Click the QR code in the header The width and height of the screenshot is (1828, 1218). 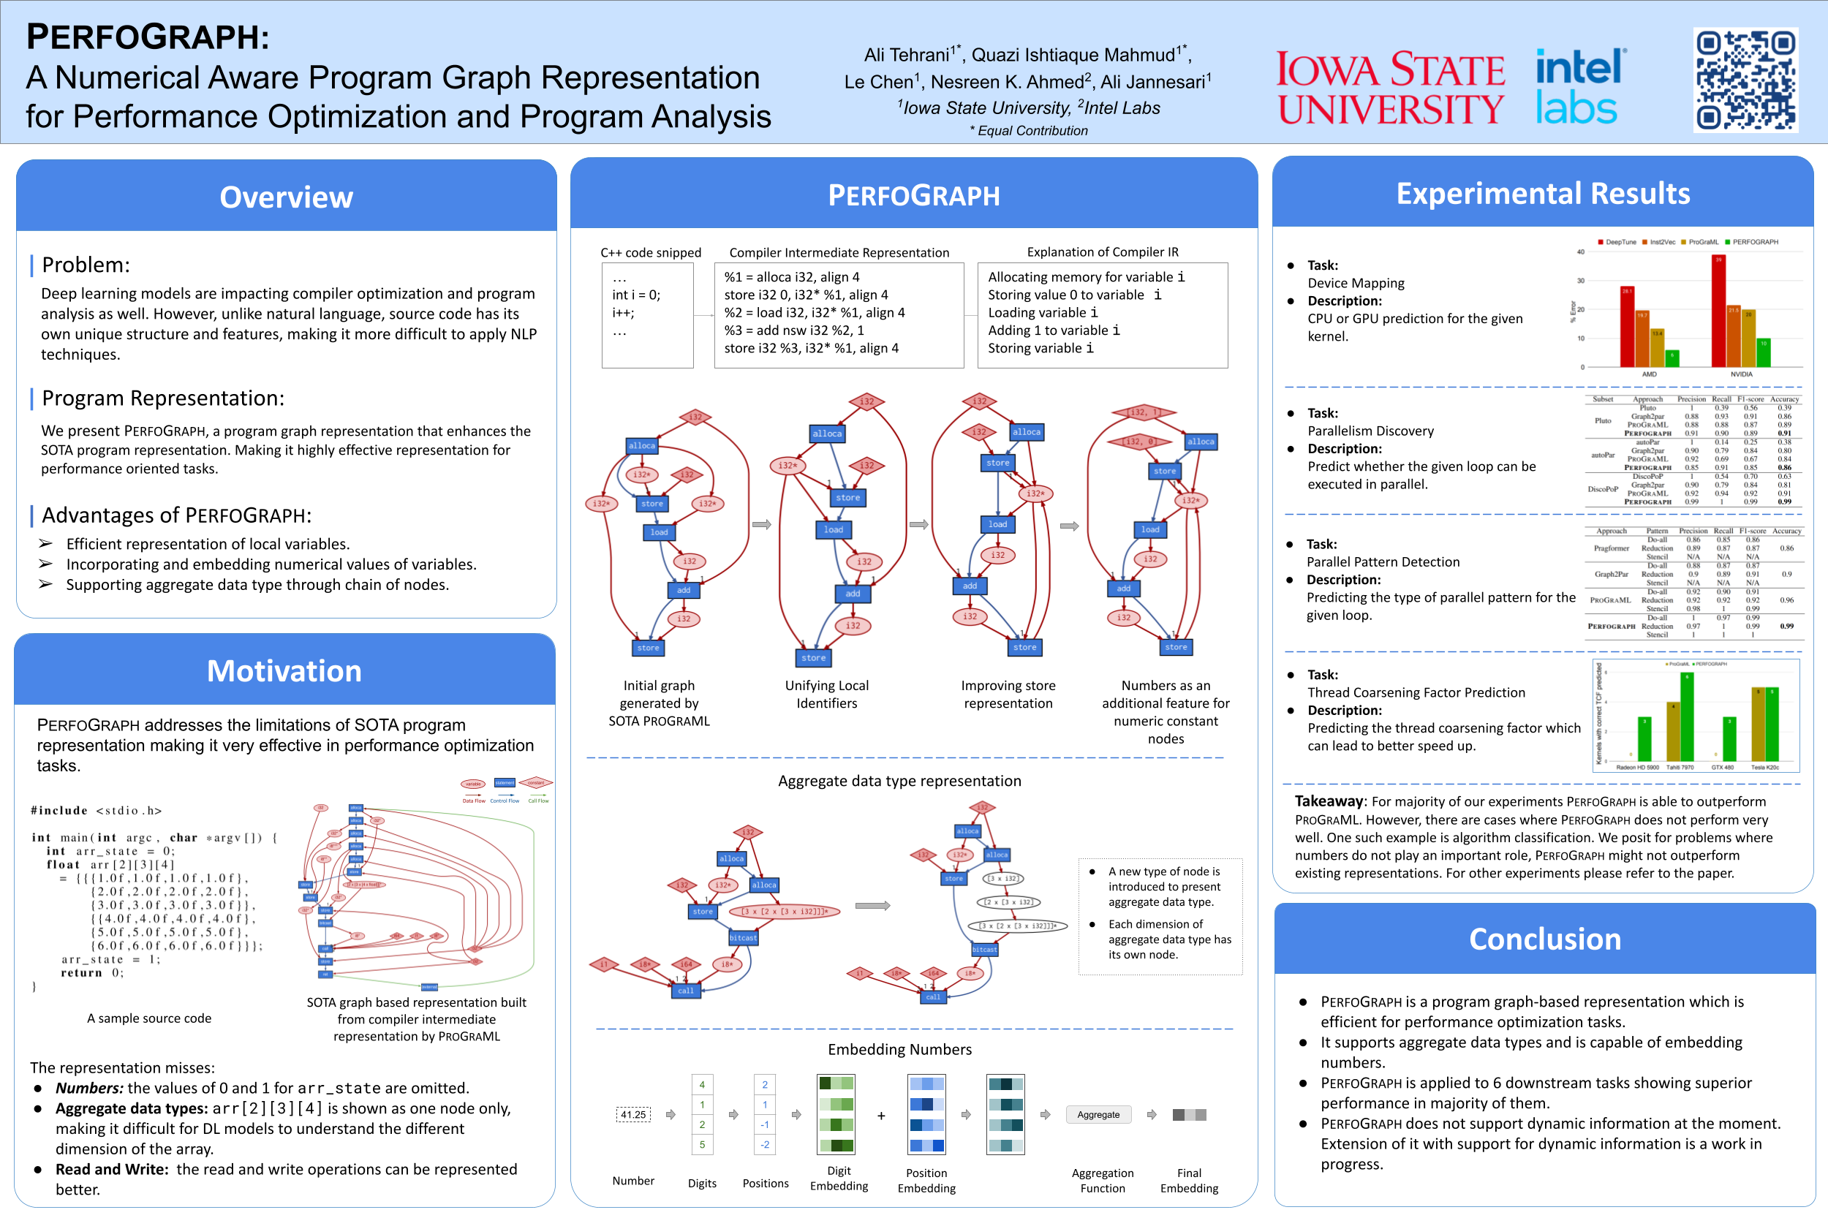[x=1745, y=80]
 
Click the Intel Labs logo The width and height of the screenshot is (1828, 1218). [x=1579, y=87]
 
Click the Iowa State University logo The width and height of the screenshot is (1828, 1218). [x=1391, y=88]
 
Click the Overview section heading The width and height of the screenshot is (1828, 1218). [x=286, y=197]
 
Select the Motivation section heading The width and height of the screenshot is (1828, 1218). [x=284, y=671]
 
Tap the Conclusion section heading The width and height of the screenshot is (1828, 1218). [x=1544, y=939]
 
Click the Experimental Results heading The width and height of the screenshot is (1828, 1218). [x=1542, y=194]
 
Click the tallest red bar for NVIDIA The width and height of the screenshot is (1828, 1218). [x=1718, y=311]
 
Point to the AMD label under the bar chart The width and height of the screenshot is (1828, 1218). [x=1649, y=374]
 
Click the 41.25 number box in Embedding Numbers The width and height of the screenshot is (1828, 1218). [x=633, y=1115]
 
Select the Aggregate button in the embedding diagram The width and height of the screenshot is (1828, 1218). [x=1098, y=1115]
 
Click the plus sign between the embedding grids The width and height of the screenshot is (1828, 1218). [x=881, y=1116]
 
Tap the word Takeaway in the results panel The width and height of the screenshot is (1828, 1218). [x=1329, y=801]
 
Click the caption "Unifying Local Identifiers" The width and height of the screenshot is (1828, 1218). [x=826, y=695]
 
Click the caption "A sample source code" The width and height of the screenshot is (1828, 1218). [x=148, y=1018]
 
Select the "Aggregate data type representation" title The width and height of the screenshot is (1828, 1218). [x=899, y=781]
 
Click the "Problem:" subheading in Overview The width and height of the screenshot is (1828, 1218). [x=86, y=265]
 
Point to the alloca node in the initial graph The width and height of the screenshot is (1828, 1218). [x=642, y=446]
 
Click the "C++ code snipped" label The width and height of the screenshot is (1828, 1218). [x=650, y=252]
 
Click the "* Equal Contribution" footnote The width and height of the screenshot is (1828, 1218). [x=1028, y=130]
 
